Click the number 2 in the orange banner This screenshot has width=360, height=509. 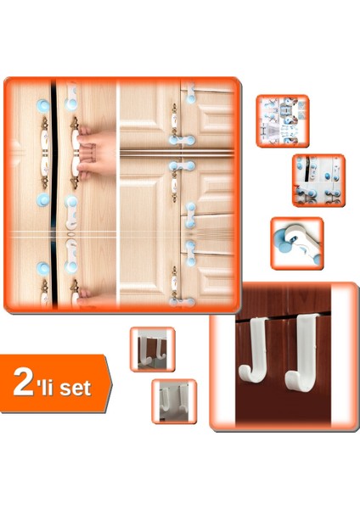coord(24,383)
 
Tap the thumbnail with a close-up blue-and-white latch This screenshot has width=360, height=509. coord(296,243)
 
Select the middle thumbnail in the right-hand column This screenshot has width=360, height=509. coord(318,179)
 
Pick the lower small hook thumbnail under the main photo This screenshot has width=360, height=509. coord(174,400)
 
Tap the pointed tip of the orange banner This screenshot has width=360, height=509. coord(110,383)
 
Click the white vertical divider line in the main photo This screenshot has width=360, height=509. coord(119,195)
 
